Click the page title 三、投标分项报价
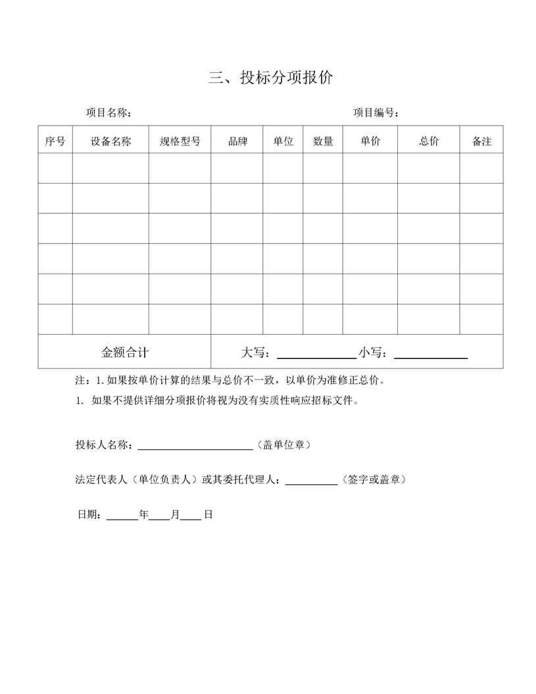point(270,78)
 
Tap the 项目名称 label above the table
point(109,112)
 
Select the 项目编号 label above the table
point(376,112)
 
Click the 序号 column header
point(55,141)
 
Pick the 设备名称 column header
point(110,141)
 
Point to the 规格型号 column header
point(180,141)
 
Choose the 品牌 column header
point(237,141)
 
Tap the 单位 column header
point(283,141)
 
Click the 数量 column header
point(323,141)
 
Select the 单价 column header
point(370,141)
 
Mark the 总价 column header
point(429,141)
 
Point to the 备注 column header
point(481,141)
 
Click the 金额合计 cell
point(125,352)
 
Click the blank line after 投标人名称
point(195,447)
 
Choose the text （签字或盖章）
point(374,480)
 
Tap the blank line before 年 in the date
point(122,517)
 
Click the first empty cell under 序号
point(55,168)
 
